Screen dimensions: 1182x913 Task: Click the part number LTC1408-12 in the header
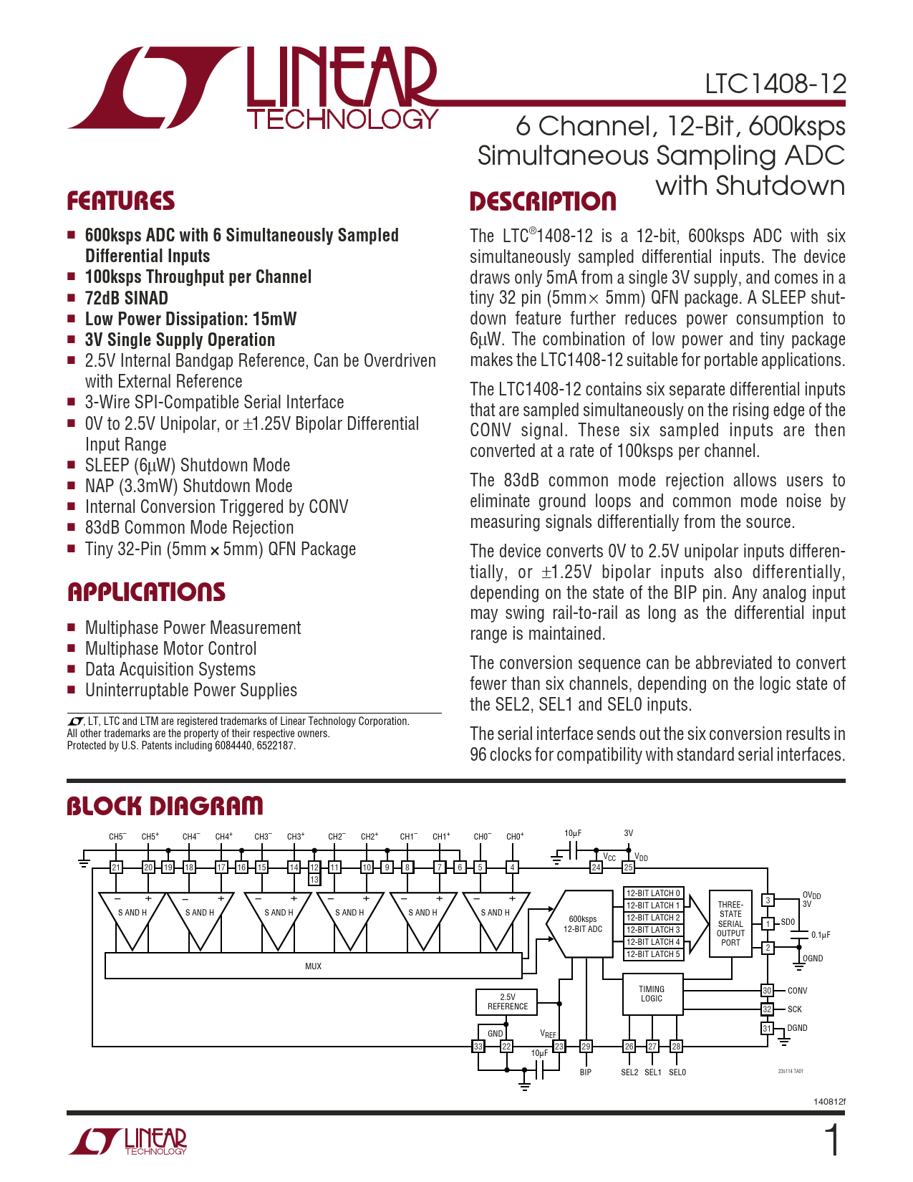pos(775,85)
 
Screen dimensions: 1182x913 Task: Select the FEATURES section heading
pos(120,201)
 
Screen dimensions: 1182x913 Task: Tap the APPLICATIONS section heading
pos(146,592)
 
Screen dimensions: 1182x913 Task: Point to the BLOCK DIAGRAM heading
pos(165,806)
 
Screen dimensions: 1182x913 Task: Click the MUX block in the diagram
pos(313,966)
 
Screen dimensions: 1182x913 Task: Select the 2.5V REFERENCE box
pos(507,1001)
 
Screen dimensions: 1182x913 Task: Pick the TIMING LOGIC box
pos(652,994)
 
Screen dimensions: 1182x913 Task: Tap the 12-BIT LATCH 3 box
pos(653,930)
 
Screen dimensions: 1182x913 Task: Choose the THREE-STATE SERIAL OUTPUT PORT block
pos(730,923)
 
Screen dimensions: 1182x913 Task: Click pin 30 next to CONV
pos(767,991)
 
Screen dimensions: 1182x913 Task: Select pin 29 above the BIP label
pos(586,1047)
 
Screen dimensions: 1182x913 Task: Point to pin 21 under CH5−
pos(116,868)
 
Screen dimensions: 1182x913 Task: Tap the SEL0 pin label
pos(677,1072)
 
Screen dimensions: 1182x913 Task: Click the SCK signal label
pos(795,1009)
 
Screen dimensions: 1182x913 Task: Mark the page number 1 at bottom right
pos(832,1141)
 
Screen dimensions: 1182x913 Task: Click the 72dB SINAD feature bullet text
pos(127,299)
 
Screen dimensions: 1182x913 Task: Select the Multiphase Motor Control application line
pos(170,649)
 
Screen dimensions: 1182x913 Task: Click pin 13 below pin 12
pos(314,880)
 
